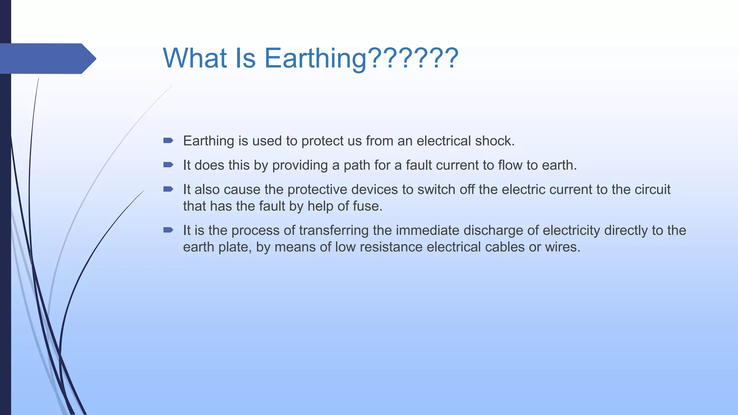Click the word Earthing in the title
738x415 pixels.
315,59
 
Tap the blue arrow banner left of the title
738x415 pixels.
47,58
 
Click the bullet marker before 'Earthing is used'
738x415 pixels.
168,140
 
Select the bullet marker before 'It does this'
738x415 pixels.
168,165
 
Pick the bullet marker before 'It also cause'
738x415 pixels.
168,189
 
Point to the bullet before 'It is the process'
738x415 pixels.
168,230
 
